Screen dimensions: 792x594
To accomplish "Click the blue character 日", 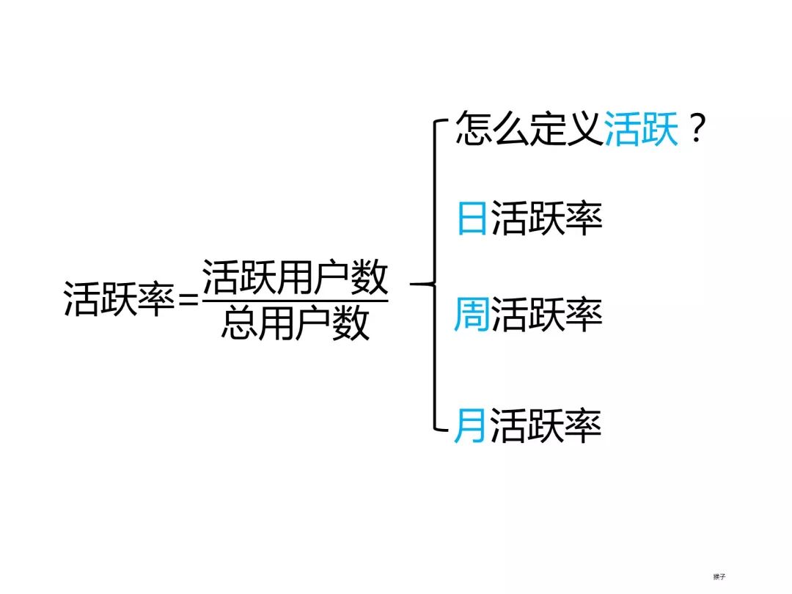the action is coord(472,218).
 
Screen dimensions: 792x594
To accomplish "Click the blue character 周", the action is coord(472,315).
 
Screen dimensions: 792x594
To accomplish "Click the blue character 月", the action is coord(470,425).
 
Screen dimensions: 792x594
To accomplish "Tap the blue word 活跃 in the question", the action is coord(641,130).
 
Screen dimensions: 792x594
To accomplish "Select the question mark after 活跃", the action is coord(697,130).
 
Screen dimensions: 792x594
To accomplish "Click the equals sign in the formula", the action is coord(188,299).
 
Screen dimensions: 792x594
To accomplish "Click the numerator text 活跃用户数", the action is coord(295,278).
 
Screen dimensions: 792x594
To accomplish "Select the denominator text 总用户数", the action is coord(295,323).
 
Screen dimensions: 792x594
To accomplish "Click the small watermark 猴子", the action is coord(718,576).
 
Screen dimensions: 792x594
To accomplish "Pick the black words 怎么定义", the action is coord(529,130).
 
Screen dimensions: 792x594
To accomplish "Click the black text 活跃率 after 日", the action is coord(546,218).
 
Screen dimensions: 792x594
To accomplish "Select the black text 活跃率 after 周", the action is coord(546,315).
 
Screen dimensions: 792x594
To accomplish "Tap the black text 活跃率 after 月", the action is coord(546,425).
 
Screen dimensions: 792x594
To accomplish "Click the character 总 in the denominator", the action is coord(239,323).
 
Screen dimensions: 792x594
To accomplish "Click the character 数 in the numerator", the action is coord(369,278).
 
